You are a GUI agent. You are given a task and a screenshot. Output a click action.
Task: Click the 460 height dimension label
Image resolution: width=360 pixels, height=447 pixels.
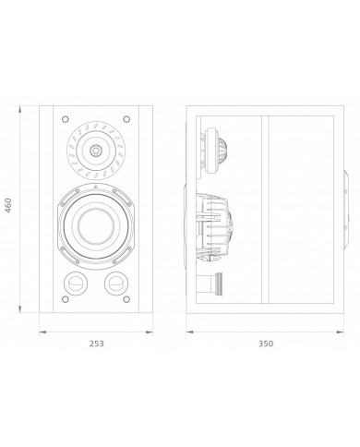[x=8, y=205]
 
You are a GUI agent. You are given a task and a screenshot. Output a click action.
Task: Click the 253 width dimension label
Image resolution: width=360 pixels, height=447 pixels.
[x=97, y=344]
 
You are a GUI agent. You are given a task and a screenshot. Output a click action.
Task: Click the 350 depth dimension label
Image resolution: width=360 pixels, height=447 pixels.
[x=266, y=344]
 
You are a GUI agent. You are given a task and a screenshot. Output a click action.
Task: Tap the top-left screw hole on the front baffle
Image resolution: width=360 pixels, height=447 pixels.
[x=66, y=119]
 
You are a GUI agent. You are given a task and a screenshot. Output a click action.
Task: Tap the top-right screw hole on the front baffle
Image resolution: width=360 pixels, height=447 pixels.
[x=126, y=119]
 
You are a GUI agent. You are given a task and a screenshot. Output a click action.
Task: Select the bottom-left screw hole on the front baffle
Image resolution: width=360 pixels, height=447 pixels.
[x=66, y=299]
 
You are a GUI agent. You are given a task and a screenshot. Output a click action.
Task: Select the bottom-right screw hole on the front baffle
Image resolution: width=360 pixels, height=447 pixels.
[x=126, y=299]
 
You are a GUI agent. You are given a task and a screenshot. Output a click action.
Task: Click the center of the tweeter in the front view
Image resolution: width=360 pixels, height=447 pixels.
[x=96, y=151]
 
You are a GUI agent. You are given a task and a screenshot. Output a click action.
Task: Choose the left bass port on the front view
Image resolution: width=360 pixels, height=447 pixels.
[x=76, y=284]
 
